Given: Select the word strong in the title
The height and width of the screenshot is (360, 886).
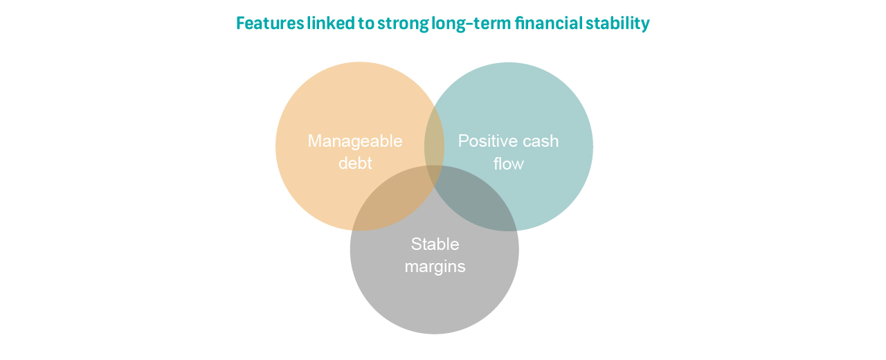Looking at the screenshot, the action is coord(403,24).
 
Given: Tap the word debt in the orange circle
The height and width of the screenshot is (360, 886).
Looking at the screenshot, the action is coord(355,163).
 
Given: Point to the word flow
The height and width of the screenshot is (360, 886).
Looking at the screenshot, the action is coord(508,163).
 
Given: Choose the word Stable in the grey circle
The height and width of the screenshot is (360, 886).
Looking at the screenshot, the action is coord(435,244).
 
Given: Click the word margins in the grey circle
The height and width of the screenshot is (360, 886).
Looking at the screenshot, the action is coord(435,267).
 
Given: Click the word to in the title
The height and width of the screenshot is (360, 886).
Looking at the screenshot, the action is coord(366,24).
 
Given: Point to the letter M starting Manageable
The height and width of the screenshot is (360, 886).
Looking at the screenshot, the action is coord(315,141).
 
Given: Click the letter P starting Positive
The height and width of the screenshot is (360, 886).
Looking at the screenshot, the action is coord(464,141).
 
